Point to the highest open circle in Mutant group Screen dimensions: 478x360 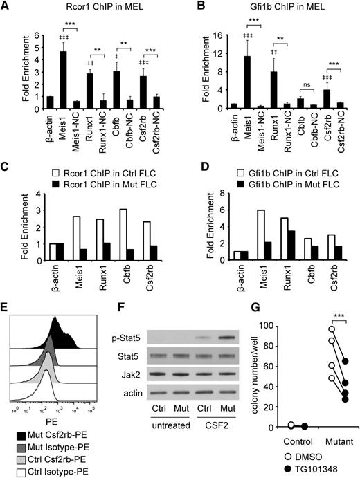(x=312, y=329)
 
